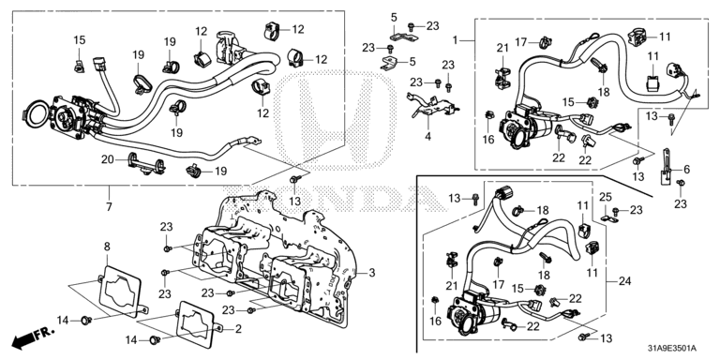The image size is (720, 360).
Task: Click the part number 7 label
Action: [x=109, y=207]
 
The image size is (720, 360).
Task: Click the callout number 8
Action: [x=107, y=247]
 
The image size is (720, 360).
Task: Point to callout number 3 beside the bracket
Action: [x=371, y=273]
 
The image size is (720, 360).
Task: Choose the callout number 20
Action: [x=108, y=159]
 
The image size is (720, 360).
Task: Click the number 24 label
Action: [x=625, y=281]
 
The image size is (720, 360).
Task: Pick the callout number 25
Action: [x=606, y=197]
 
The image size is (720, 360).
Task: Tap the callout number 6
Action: [x=687, y=170]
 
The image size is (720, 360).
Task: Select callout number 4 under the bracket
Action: [x=427, y=136]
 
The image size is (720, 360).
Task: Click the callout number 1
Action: [x=455, y=40]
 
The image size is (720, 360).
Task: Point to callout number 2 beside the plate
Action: [x=238, y=329]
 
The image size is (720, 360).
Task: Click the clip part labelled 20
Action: [x=146, y=164]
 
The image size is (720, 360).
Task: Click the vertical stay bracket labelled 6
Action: [x=666, y=165]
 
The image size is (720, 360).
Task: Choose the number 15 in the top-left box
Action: [x=80, y=40]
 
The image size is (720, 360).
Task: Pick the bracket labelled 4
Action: [x=429, y=107]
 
